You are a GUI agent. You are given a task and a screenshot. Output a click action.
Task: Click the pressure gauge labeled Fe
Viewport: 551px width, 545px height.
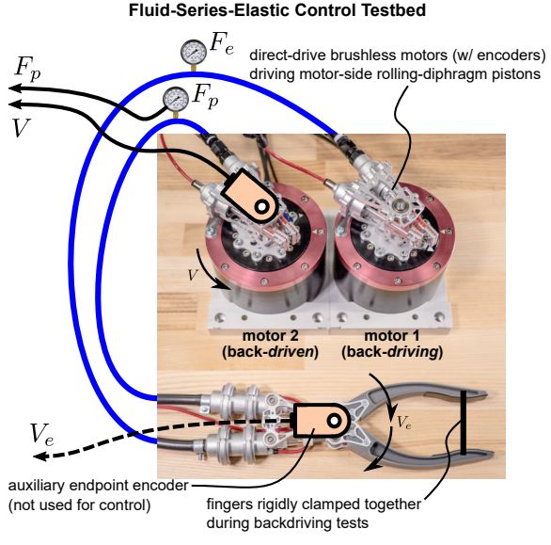pyautogui.click(x=194, y=52)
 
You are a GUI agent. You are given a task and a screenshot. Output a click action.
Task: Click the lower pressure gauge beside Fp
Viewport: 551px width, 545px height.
pyautogui.click(x=176, y=99)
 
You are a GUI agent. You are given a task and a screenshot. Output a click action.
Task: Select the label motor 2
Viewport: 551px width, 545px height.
pyautogui.click(x=270, y=335)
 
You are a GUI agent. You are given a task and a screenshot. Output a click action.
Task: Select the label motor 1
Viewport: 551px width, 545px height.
pyautogui.click(x=392, y=335)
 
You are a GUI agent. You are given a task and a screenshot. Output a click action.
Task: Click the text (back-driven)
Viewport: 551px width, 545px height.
pyautogui.click(x=270, y=351)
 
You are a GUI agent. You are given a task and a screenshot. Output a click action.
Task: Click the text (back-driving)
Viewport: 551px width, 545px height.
pyautogui.click(x=392, y=351)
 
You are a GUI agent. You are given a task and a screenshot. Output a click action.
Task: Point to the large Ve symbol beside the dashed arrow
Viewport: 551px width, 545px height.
pyautogui.click(x=41, y=434)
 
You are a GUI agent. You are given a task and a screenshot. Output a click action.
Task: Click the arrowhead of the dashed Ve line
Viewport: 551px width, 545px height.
pyautogui.click(x=40, y=457)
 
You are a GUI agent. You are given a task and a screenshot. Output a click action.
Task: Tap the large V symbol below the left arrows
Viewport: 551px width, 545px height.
pyautogui.click(x=21, y=128)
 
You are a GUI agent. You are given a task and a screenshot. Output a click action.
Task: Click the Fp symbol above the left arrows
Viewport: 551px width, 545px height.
pyautogui.click(x=27, y=68)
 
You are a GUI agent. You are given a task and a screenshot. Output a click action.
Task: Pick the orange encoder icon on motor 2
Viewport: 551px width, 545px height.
pyautogui.click(x=250, y=197)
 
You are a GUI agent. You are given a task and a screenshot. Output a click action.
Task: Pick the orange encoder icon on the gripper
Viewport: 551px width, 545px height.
pyautogui.click(x=322, y=421)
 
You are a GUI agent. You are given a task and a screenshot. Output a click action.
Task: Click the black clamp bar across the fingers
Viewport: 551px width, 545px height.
pyautogui.click(x=464, y=423)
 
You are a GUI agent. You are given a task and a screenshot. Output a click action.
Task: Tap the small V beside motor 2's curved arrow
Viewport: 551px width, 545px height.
pyautogui.click(x=193, y=275)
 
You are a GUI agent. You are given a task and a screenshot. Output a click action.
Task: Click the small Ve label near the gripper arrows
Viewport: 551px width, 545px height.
pyautogui.click(x=403, y=423)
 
